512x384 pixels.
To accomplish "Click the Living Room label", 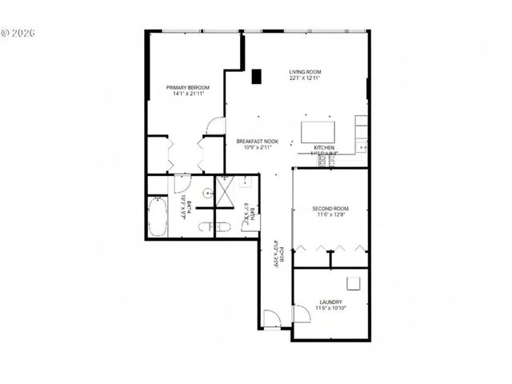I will pos(305,71).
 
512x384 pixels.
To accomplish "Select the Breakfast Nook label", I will pos(256,141).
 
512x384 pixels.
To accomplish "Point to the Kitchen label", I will pos(323,149).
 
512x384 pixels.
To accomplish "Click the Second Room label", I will pos(331,210).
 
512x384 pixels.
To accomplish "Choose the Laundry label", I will pos(330,301).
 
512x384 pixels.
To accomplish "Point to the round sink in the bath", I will pos(206,193).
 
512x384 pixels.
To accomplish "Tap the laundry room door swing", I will pos(303,315).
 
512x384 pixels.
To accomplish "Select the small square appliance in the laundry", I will pos(354,282).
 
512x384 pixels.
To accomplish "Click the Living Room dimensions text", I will pos(305,78).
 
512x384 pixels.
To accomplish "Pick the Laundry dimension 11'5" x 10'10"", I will pos(330,308).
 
